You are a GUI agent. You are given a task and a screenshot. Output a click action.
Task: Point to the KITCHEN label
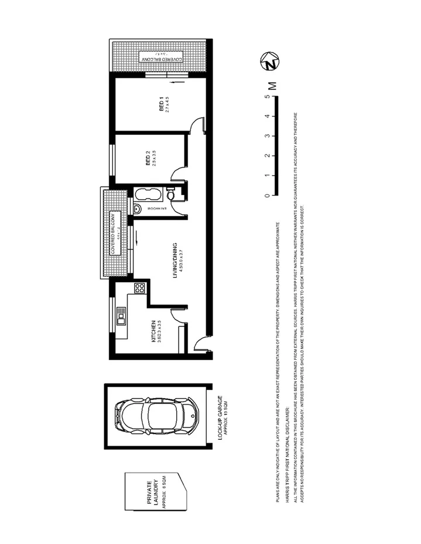153,332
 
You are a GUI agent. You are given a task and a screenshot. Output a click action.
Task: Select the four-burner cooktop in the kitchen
139,288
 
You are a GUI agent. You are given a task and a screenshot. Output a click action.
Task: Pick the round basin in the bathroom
136,209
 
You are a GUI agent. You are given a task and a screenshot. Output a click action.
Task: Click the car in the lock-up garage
155,415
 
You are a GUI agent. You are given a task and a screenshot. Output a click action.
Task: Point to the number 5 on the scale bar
267,97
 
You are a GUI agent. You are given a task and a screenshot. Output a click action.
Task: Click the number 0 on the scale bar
267,195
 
